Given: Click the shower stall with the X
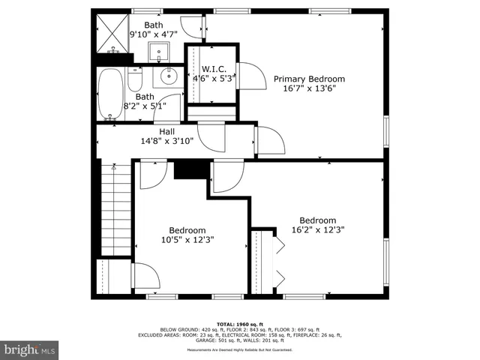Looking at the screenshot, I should pos(115,34).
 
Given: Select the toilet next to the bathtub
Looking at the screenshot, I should pos(136,77).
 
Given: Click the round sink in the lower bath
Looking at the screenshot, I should pos(167,75).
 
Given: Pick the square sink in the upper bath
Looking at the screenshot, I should pos(160,53).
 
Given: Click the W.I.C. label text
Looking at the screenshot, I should pos(214,68).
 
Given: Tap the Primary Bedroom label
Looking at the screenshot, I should pos(309,79).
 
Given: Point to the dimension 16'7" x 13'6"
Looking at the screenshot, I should pos(309,88).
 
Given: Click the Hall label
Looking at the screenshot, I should pos(166,131).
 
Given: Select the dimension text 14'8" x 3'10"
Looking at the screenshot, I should pos(166,141).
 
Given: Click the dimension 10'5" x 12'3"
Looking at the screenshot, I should pos(187,240).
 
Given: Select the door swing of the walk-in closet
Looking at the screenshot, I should pos(250,76).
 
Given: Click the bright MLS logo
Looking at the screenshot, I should pos(30,349).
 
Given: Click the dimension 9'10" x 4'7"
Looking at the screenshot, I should pos(154,34).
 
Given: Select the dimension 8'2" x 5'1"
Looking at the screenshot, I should pos(145,106).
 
